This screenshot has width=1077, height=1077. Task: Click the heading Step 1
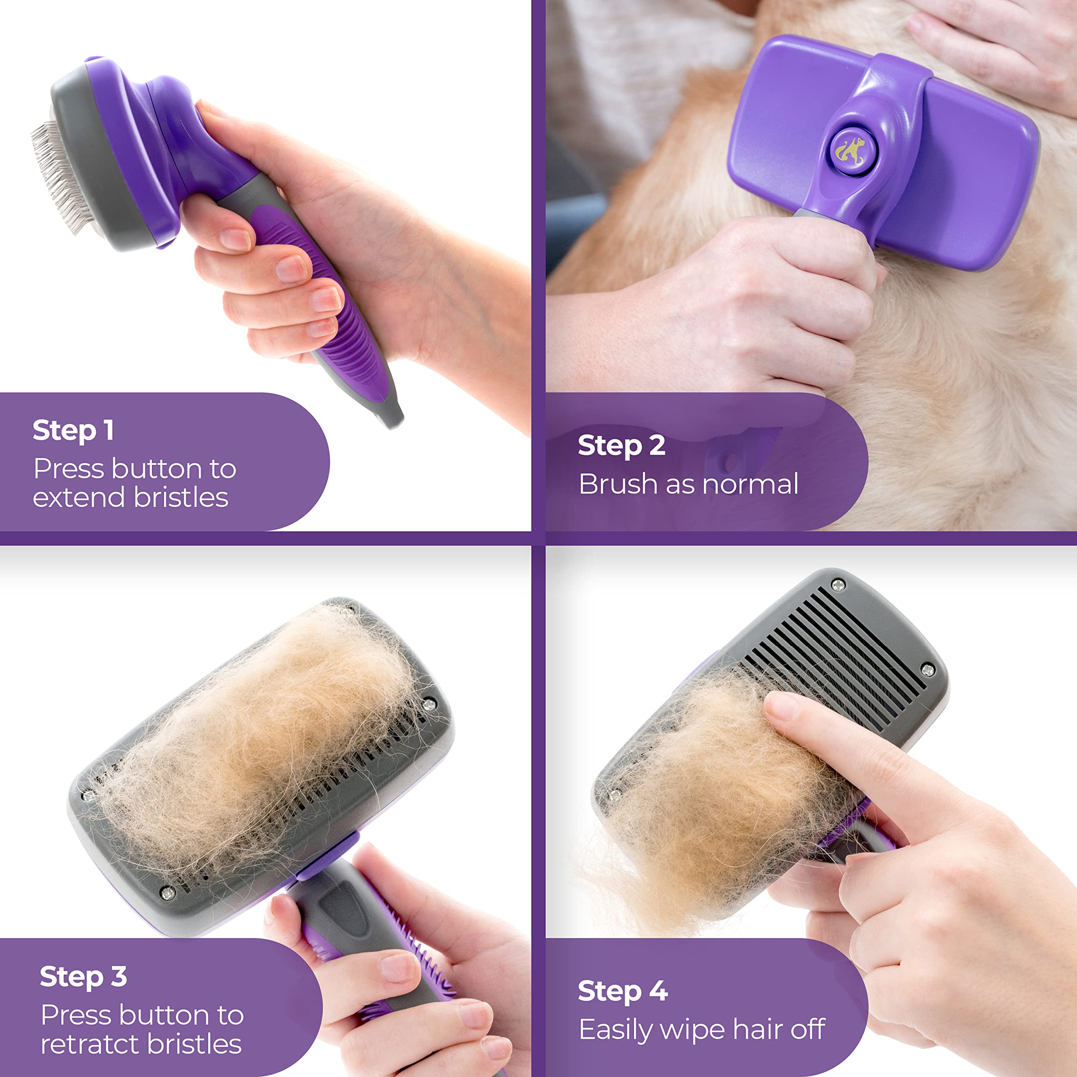click(73, 431)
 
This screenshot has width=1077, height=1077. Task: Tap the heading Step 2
click(621, 446)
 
